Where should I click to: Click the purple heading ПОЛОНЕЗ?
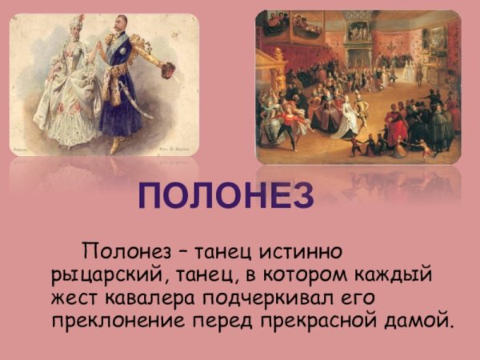click(226, 196)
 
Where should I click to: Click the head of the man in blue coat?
click(120, 24)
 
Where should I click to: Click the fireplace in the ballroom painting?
click(358, 48)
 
